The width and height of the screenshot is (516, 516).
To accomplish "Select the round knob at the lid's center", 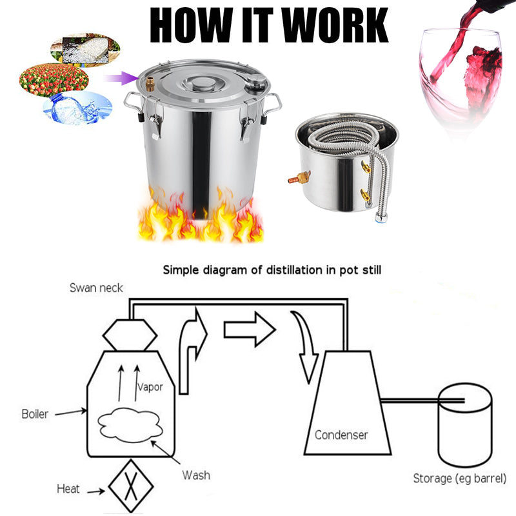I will pos(201,83).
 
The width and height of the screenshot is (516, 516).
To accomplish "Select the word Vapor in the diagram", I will pos(150,388).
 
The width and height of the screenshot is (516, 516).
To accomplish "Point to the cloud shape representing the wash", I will pos(129,425).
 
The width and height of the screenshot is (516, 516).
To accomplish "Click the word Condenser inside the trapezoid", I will pos(341,435).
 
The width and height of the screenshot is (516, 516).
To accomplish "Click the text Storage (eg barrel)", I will pos(460,479).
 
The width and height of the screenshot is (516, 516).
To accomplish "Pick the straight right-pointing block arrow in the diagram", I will pos(249,330).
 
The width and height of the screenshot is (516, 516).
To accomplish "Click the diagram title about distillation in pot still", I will pos(272,270).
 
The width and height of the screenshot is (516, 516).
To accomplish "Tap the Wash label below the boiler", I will pos(195,475).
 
